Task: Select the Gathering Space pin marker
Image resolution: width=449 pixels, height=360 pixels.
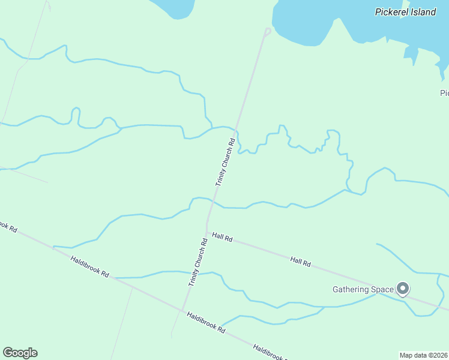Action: coord(403,289)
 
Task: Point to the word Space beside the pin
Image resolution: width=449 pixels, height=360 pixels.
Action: coord(382,290)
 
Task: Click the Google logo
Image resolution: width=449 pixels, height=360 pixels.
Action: coord(20,353)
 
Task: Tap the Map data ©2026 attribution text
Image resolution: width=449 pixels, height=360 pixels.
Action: coord(424,355)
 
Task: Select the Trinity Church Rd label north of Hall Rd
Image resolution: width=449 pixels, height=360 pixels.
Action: coord(224,163)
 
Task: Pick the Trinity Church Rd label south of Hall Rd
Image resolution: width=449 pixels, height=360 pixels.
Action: coord(197,262)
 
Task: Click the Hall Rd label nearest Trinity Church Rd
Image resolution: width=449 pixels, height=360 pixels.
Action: coord(222,238)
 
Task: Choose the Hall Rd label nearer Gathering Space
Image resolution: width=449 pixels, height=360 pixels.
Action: coord(300,261)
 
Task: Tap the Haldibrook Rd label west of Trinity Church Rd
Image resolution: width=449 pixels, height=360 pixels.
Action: coord(89,266)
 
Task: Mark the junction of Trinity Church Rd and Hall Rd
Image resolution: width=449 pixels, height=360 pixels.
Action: coord(207,233)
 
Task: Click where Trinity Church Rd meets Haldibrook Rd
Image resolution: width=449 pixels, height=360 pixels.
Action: coord(182,310)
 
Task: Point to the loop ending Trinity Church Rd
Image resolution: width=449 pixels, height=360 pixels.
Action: coord(267,31)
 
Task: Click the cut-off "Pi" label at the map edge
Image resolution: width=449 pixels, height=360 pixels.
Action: coord(444,93)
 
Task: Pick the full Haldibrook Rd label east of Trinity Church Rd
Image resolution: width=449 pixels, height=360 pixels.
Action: coord(205,322)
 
